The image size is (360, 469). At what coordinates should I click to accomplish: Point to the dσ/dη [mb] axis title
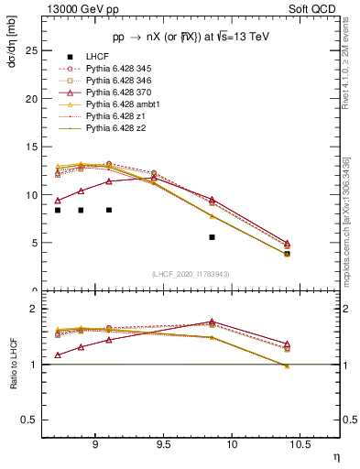point(13,43)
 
